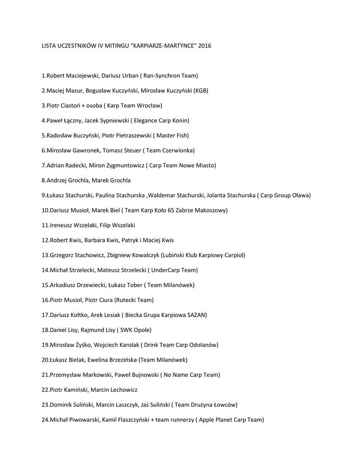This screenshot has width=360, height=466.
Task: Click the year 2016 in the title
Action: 204,46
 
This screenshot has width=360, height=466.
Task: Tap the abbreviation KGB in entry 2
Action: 200,91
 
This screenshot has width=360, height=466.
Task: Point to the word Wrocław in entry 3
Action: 149,106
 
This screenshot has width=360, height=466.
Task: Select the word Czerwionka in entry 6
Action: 178,151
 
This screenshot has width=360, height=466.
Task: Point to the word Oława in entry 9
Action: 300,195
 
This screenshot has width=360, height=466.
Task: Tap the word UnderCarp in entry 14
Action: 165,270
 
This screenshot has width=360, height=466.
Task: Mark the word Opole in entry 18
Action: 142,330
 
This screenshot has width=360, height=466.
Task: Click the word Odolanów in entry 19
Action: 204,345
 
